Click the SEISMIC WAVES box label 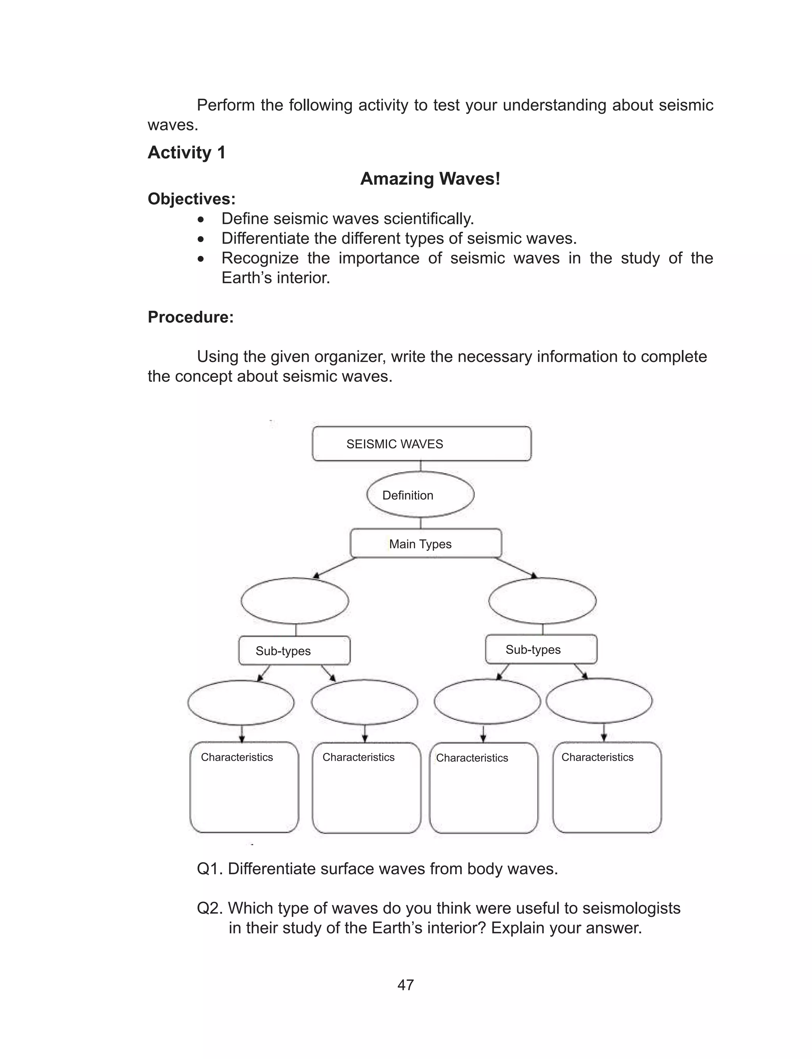pos(395,444)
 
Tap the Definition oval pos(420,495)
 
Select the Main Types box pos(425,544)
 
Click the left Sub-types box pos(294,650)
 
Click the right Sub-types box pos(541,650)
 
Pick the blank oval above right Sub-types pos(542,601)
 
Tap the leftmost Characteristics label pos(237,757)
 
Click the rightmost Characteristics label pos(597,757)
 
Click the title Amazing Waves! pos(430,179)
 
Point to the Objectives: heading pos(192,199)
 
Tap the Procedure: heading pos(190,317)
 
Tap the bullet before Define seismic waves pos(201,219)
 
